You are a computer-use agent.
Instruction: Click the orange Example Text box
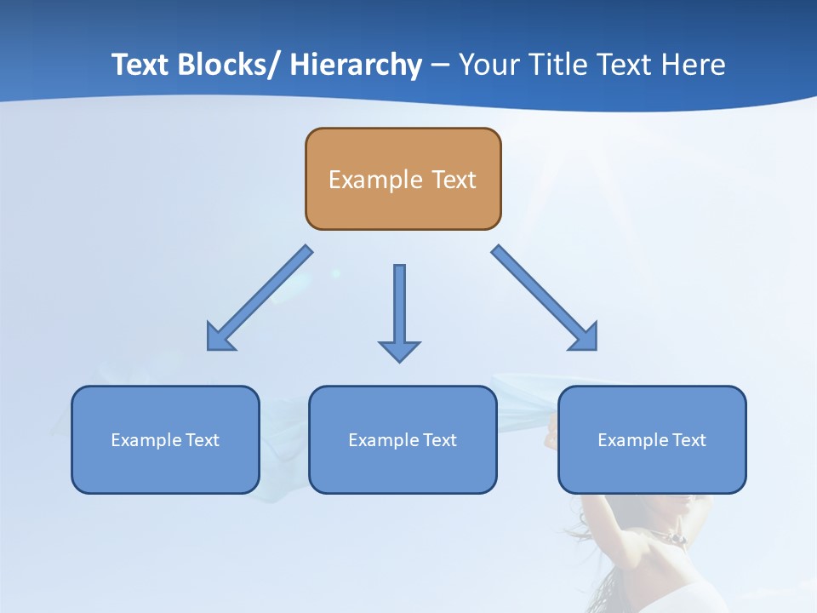[403, 179]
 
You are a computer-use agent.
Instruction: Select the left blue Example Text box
[165, 439]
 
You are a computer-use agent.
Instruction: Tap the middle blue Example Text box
[403, 439]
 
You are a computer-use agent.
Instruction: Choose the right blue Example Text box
[652, 439]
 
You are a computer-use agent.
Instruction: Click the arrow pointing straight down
[399, 311]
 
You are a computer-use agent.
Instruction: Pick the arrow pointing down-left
[260, 298]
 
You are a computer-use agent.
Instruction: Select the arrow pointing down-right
[545, 298]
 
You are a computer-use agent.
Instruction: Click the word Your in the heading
[488, 65]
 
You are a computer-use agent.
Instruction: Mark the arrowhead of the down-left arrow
[218, 339]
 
